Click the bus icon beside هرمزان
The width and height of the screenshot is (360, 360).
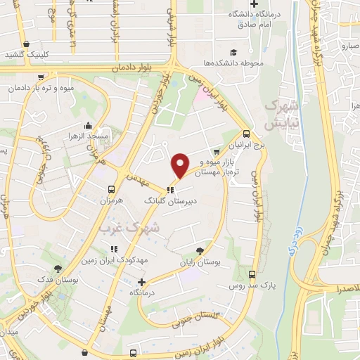pos(110,188)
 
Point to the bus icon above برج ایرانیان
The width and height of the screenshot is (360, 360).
pos(245,134)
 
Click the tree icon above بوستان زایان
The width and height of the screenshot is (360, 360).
pos(202,250)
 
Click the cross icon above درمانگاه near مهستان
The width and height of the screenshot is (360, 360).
pos(142,281)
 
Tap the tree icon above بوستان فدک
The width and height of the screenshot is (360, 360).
pos(58,269)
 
